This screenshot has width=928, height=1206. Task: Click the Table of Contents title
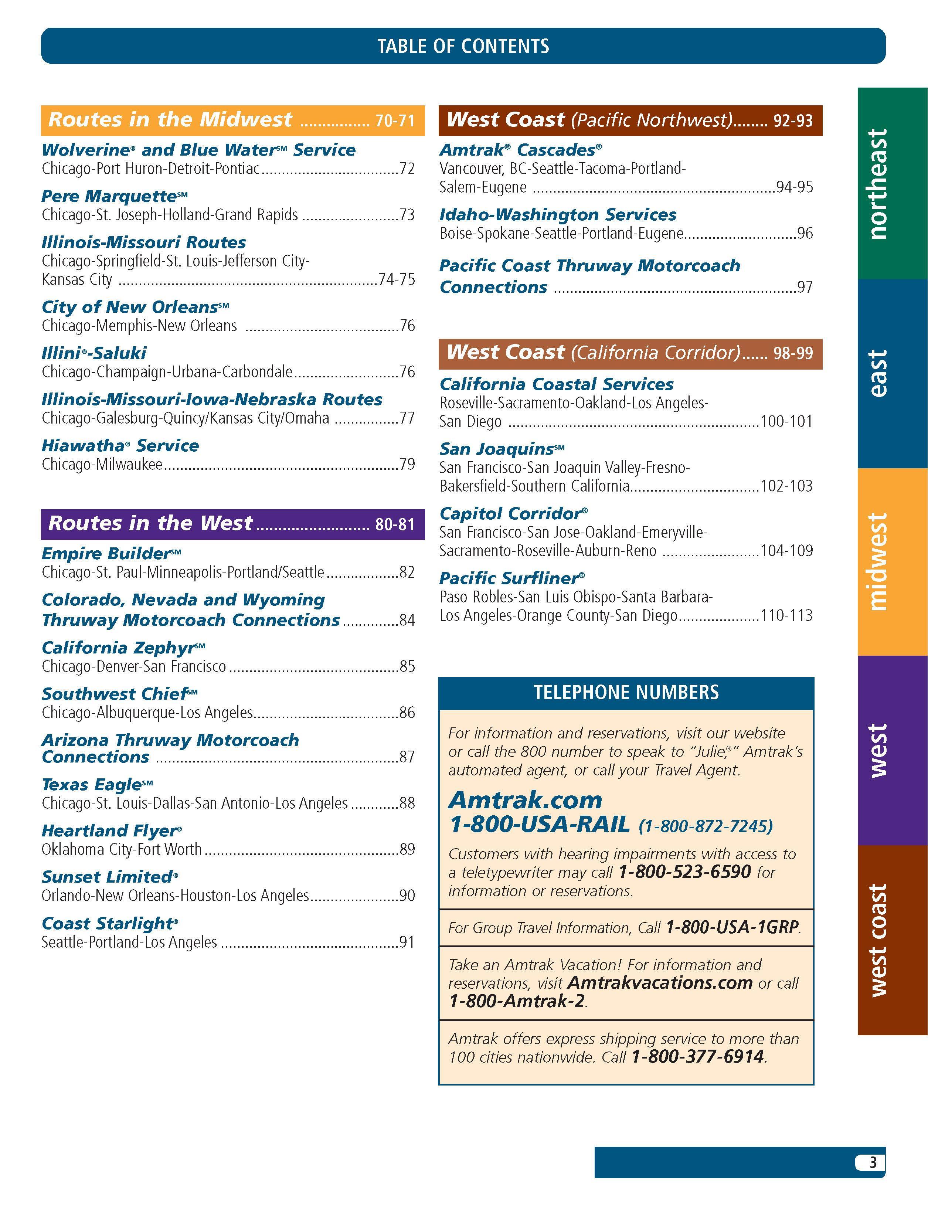(x=463, y=46)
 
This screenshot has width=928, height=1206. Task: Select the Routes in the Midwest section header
(x=232, y=120)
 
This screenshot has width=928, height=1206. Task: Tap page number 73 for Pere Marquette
(x=407, y=215)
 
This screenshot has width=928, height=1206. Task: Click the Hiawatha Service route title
(x=120, y=446)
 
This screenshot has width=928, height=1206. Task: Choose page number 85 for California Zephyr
(x=407, y=666)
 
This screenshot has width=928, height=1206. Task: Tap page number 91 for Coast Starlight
(x=407, y=942)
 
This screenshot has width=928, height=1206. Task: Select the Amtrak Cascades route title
(x=520, y=150)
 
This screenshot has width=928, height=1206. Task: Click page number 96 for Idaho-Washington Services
(x=805, y=234)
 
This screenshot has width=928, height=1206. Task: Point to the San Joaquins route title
(x=501, y=449)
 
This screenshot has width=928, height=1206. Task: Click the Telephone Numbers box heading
(x=626, y=693)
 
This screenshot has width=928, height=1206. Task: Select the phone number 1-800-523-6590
(x=684, y=872)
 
